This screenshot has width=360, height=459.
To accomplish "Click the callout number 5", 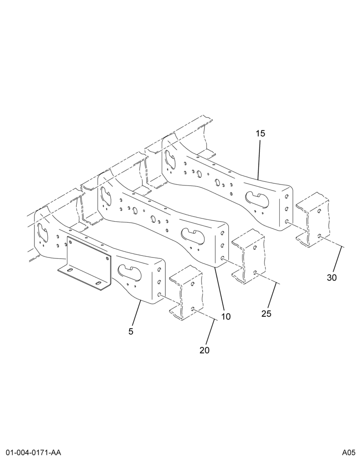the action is [131, 331].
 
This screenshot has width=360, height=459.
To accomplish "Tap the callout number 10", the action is [226, 316].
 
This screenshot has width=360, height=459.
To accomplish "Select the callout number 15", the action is [260, 134].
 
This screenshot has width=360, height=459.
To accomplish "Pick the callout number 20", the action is [205, 350].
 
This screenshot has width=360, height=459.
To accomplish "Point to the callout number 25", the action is [266, 314].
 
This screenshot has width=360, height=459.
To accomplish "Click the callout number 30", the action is [332, 278].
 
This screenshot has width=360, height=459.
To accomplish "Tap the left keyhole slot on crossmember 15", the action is [170, 160].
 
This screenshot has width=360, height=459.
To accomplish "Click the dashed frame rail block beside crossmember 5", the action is [186, 293].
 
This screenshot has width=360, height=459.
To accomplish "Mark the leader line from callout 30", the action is [338, 259].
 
